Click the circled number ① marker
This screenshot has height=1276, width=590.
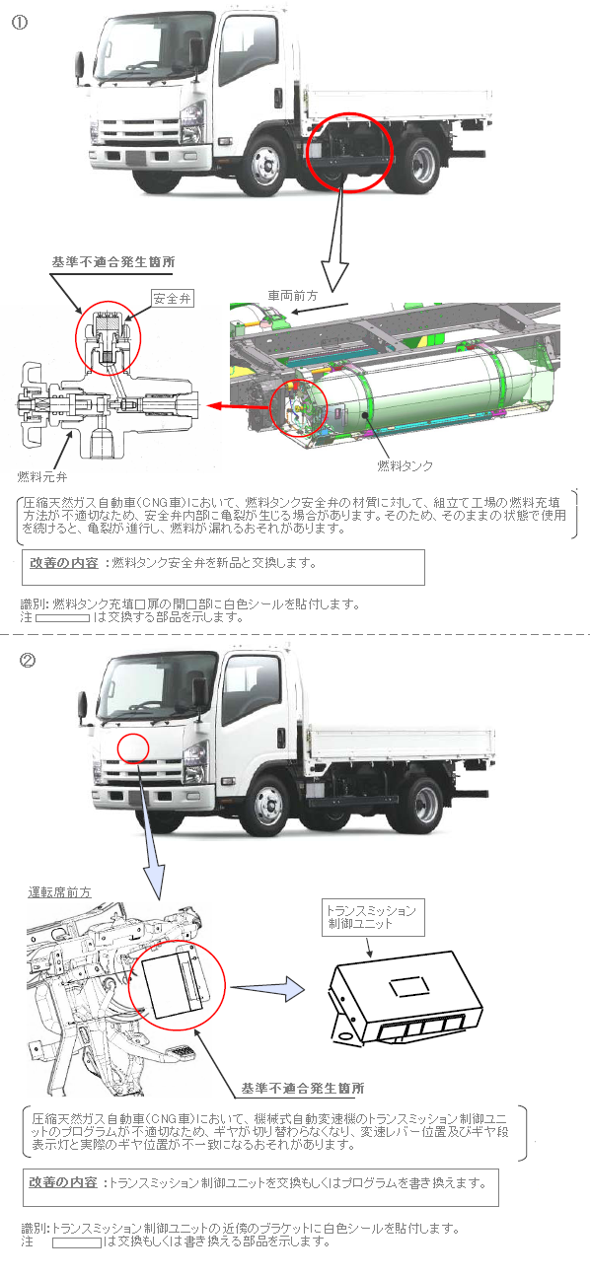click(20, 23)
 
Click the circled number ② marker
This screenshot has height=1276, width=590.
click(28, 661)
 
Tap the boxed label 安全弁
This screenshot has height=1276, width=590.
click(172, 298)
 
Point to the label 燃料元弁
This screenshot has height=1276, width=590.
click(41, 477)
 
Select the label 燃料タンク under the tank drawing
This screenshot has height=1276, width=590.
click(405, 466)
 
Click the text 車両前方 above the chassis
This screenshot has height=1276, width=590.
click(292, 296)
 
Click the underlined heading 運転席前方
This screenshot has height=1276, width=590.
click(59, 892)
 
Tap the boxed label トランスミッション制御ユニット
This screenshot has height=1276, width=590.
click(373, 918)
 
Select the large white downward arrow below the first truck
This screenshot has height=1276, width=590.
click(336, 240)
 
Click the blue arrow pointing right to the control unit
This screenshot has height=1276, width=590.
click(268, 988)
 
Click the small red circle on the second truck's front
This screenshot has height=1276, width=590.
click(133, 747)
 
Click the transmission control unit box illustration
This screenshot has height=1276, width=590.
click(406, 998)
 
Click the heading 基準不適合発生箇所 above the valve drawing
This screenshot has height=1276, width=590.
click(113, 262)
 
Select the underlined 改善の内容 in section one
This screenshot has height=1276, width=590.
click(64, 563)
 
